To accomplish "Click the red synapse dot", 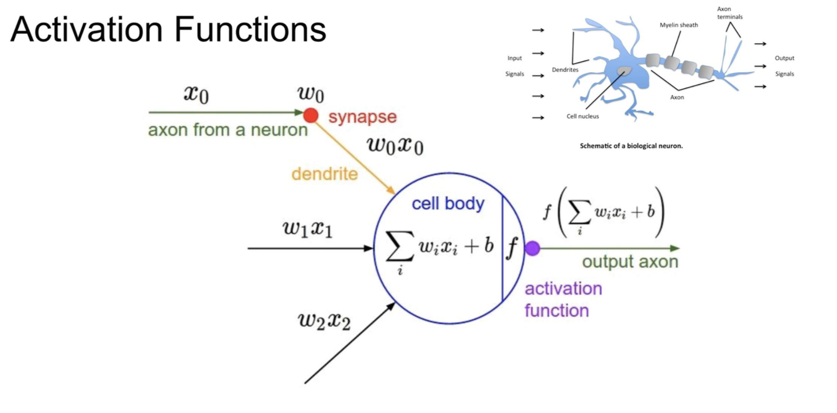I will (311, 115).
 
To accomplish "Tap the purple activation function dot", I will (532, 248).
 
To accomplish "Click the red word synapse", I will (362, 117).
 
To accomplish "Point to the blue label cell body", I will (448, 204).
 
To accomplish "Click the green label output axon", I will (630, 262).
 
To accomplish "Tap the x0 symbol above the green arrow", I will (196, 94).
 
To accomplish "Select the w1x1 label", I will (308, 228).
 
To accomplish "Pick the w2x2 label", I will (324, 321).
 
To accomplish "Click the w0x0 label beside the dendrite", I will (395, 146).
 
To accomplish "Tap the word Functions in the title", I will (250, 29).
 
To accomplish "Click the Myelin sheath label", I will (679, 25).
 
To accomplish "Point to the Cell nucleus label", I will (582, 116).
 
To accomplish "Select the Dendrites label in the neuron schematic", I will (565, 70).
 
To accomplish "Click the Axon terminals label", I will (729, 13).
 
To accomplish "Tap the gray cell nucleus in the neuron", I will (624, 71).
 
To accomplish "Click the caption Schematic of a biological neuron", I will (631, 146).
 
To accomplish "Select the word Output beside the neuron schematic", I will (784, 58).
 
